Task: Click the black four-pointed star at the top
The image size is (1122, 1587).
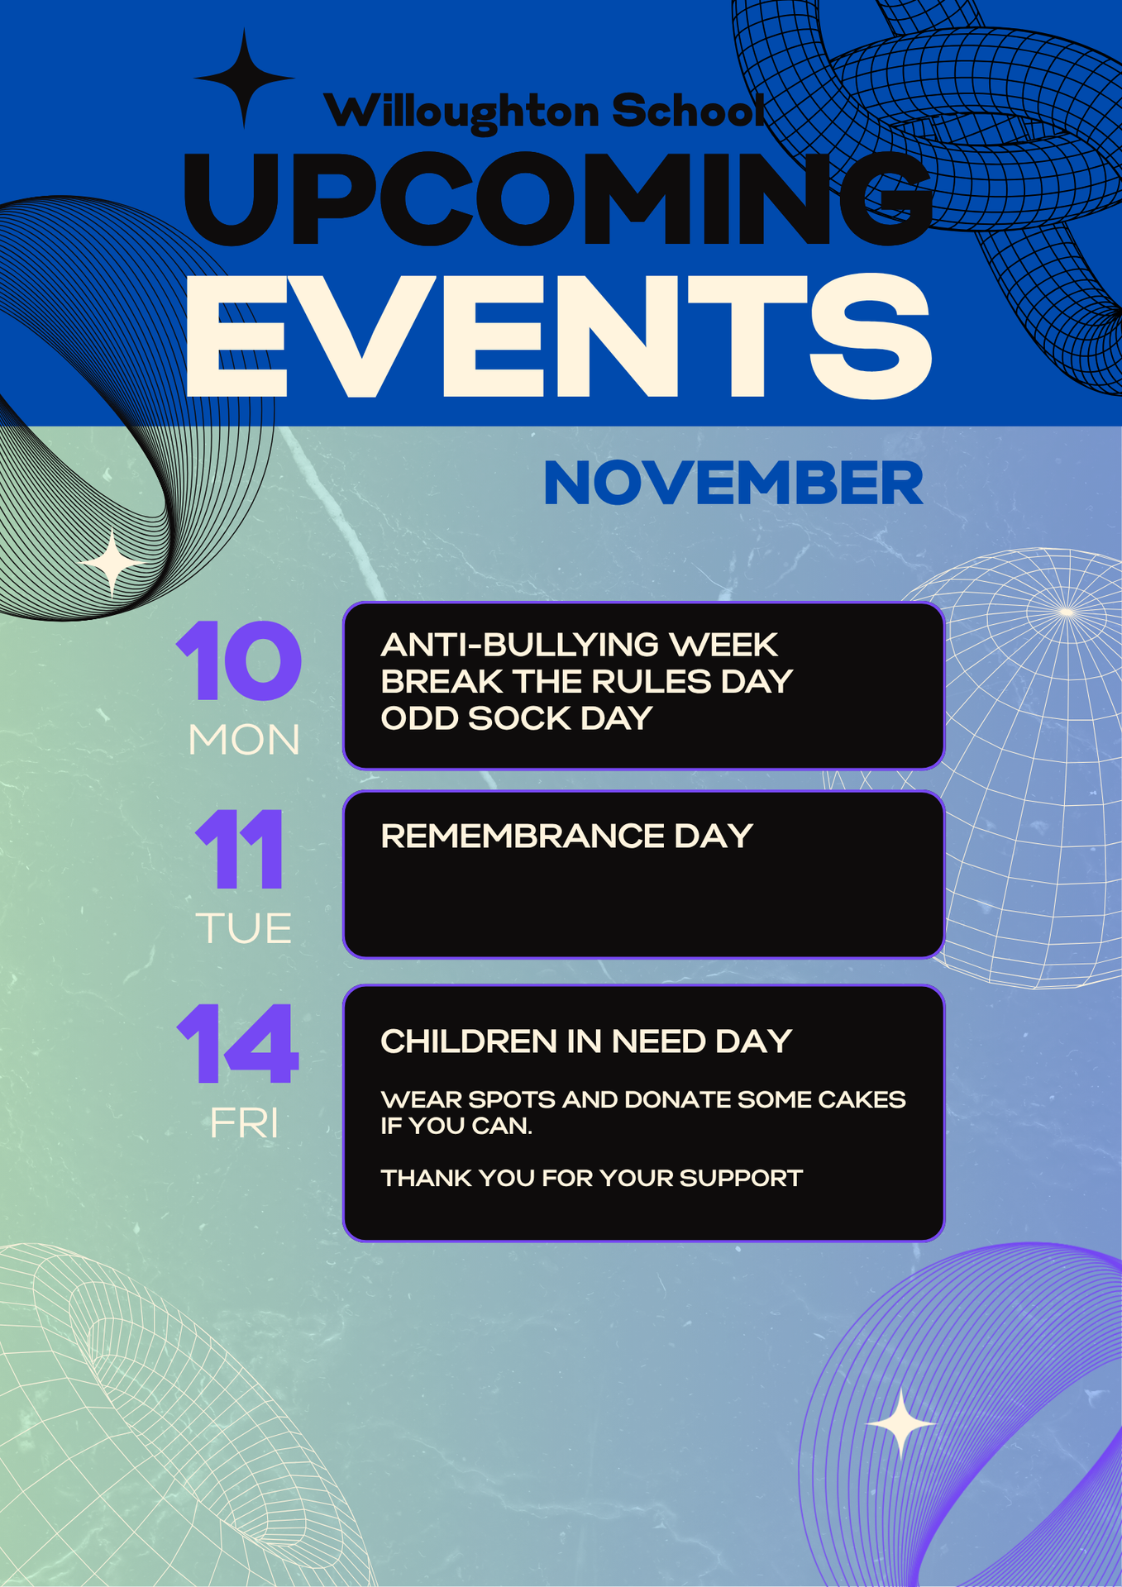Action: [x=244, y=79]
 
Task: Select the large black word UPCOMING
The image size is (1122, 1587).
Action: [x=557, y=199]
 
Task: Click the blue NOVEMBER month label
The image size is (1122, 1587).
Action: [x=733, y=484]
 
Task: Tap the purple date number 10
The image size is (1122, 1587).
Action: [x=239, y=661]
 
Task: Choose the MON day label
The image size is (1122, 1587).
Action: [x=244, y=740]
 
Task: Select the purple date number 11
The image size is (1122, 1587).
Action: [x=240, y=849]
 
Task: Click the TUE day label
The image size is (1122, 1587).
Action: [x=244, y=928]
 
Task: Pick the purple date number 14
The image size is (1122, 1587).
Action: [x=237, y=1043]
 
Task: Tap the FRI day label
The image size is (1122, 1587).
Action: [x=244, y=1123]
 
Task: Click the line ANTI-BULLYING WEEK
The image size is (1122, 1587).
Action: [x=579, y=645]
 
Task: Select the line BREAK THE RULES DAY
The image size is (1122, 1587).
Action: [x=586, y=682]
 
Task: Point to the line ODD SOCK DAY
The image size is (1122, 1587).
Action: [x=516, y=718]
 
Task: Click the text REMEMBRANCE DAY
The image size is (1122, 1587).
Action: [x=566, y=836]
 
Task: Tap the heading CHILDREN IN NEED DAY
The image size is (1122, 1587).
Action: [x=586, y=1041]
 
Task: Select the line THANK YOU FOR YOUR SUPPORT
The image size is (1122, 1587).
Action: [x=591, y=1178]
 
